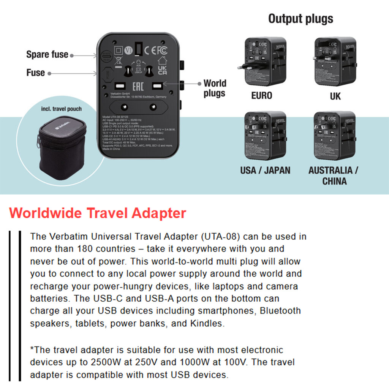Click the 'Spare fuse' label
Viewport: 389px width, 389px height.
click(x=47, y=54)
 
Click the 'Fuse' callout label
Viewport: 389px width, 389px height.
click(x=36, y=73)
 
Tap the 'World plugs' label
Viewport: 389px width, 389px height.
click(x=215, y=88)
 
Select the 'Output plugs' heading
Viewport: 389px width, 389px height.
click(x=300, y=18)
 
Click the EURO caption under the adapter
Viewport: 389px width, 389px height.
click(x=262, y=95)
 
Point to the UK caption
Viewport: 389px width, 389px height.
click(x=335, y=96)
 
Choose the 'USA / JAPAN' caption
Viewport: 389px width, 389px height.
click(x=265, y=170)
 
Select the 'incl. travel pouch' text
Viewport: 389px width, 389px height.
click(x=62, y=109)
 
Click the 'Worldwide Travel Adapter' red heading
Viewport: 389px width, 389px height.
click(x=97, y=213)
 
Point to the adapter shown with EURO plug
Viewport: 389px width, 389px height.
click(x=264, y=62)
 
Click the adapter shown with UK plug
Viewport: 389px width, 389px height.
click(x=335, y=62)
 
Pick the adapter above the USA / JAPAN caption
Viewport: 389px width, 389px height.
click(x=265, y=135)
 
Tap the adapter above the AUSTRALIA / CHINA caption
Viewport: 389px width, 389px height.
click(x=335, y=135)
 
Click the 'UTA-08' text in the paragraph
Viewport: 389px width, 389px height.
click(x=222, y=237)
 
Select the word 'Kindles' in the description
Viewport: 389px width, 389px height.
click(x=207, y=324)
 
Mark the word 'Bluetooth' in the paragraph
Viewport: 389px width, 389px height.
click(x=280, y=311)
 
